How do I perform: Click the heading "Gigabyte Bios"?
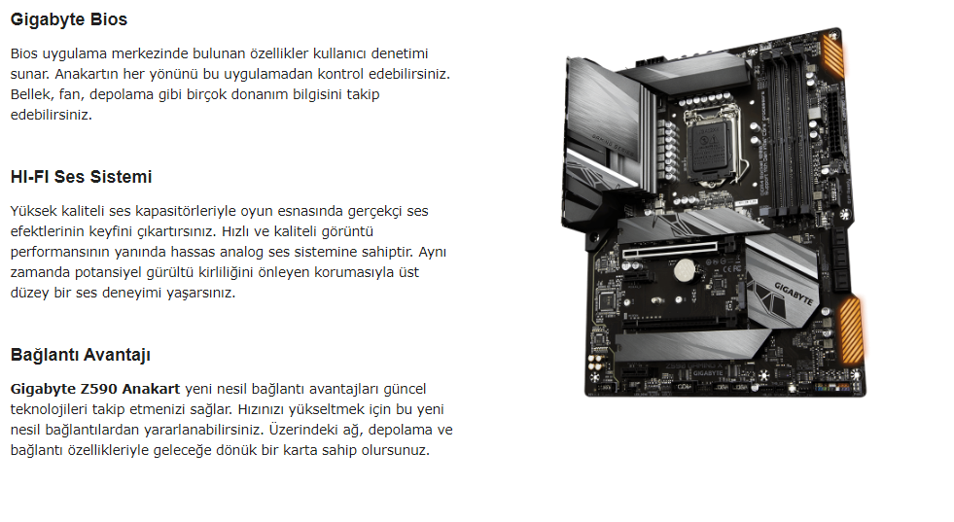click(69, 19)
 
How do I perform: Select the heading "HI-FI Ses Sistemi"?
click(81, 177)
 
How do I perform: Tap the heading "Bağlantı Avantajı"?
click(81, 356)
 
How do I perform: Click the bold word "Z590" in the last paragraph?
click(99, 389)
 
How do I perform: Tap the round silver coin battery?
click(685, 269)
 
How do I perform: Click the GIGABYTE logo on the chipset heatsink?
click(793, 294)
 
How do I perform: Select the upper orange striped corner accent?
click(832, 54)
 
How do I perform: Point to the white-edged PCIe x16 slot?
click(669, 250)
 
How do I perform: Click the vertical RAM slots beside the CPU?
click(786, 131)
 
